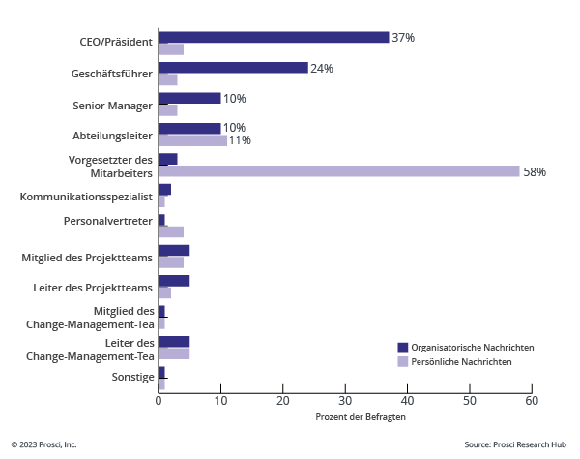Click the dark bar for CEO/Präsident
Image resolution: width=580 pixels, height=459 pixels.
[274, 38]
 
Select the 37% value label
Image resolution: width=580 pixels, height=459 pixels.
[403, 38]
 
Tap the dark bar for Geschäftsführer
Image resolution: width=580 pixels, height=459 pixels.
[233, 68]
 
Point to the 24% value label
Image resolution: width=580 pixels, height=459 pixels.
[322, 69]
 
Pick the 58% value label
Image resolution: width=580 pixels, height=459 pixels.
[535, 172]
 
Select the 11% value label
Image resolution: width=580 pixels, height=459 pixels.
[240, 140]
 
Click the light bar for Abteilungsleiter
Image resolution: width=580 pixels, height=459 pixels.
[192, 140]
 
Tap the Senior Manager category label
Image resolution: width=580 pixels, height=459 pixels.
[113, 105]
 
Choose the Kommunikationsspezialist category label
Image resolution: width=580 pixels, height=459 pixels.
[86, 196]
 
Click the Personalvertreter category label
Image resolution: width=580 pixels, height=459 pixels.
[108, 221]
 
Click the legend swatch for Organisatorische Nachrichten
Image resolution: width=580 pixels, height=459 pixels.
[403, 347]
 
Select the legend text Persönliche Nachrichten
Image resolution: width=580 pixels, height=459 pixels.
[461, 361]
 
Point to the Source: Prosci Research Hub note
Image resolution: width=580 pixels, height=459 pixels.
[515, 444]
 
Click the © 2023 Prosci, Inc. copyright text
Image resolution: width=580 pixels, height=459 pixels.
[44, 444]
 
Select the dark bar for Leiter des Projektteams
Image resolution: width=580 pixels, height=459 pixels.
[174, 281]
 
